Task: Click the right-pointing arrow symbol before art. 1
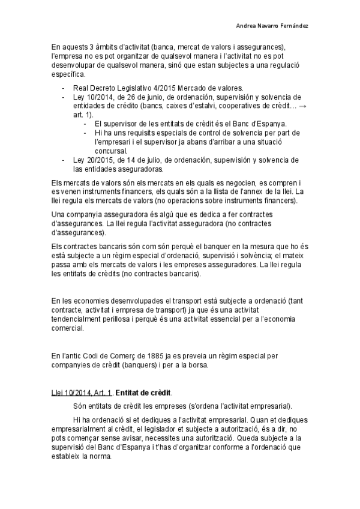point(301,106)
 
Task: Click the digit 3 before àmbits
point(90,47)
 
